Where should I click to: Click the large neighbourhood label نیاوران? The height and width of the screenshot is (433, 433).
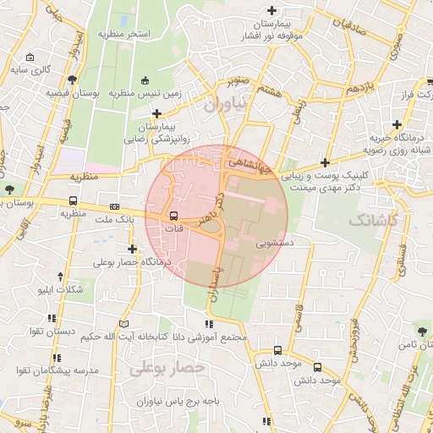pyautogui.click(x=229, y=104)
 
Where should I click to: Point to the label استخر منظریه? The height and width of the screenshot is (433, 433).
pyautogui.click(x=124, y=34)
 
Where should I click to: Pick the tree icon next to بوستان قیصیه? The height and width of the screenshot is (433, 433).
pyautogui.click(x=74, y=79)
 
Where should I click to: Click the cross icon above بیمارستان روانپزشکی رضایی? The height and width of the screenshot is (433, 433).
pyautogui.click(x=156, y=112)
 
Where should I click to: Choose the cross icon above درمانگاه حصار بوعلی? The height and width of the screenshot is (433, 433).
pyautogui.click(x=132, y=249)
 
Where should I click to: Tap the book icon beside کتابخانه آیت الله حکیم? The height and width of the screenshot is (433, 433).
pyautogui.click(x=124, y=325)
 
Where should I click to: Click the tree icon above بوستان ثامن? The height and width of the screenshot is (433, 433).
pyautogui.click(x=421, y=329)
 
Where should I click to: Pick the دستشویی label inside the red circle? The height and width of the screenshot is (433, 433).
pyautogui.click(x=276, y=242)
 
